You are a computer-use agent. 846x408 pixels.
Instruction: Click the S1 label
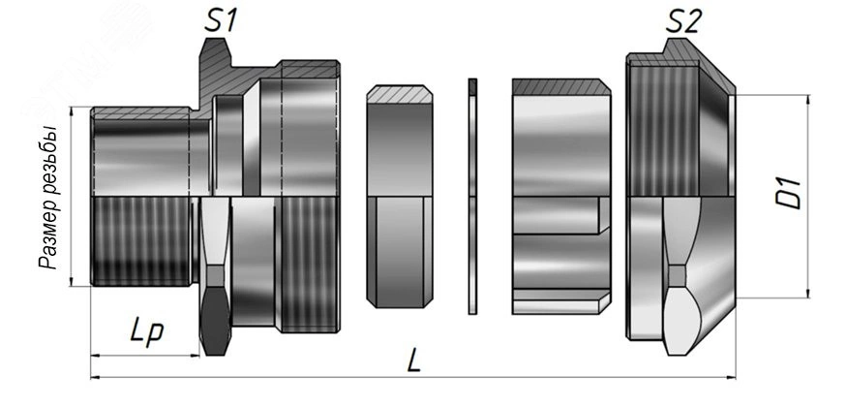tap(220, 22)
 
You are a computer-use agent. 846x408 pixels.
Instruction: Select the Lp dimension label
tap(146, 331)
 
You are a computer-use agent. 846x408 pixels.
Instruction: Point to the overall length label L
tap(413, 361)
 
